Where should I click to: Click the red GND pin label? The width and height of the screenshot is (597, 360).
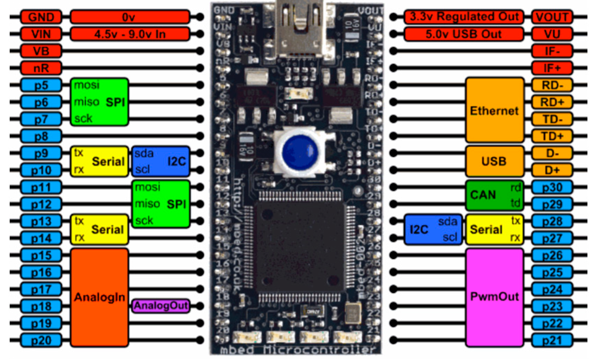click(x=41, y=17)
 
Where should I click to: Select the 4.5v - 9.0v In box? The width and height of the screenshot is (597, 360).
click(x=130, y=34)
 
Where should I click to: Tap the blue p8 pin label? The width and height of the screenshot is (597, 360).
click(x=41, y=136)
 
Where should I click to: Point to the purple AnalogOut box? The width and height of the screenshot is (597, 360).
click(x=161, y=306)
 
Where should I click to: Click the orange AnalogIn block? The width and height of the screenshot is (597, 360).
click(x=99, y=297)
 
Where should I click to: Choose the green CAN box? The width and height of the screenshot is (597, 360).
click(x=494, y=195)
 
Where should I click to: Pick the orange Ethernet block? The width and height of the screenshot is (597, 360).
click(x=494, y=110)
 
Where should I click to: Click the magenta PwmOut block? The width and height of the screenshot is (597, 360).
click(x=494, y=297)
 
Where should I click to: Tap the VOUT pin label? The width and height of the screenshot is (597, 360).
click(x=552, y=17)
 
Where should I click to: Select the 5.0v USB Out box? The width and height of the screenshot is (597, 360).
click(x=463, y=34)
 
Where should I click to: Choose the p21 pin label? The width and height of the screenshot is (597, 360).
click(x=552, y=340)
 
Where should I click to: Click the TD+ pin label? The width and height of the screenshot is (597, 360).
click(x=552, y=136)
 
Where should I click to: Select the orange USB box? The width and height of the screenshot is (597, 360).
click(x=494, y=161)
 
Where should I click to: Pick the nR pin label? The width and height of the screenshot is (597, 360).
click(x=41, y=68)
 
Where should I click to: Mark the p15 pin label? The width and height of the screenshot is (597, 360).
click(x=41, y=255)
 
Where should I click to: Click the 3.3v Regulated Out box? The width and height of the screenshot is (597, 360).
click(x=463, y=17)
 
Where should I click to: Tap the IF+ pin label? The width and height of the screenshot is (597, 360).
click(x=552, y=68)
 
